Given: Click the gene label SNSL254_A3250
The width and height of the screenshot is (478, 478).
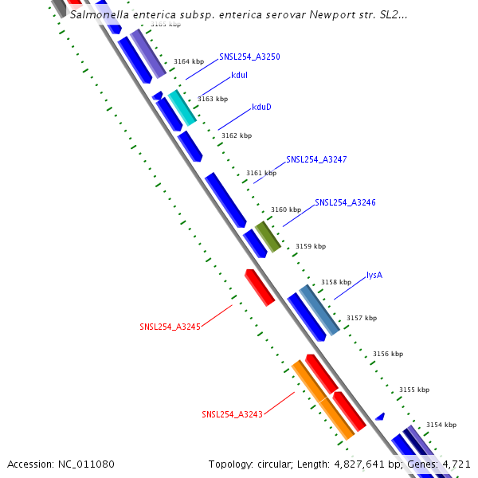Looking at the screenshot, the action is coord(249,57).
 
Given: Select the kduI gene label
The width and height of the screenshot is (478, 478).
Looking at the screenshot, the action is coord(239,75).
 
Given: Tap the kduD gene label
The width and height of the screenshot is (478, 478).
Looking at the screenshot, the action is coord(261,107).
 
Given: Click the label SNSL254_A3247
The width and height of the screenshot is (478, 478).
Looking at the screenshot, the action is coord(316,160).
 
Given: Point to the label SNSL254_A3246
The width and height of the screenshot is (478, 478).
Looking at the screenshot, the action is coord(345,202).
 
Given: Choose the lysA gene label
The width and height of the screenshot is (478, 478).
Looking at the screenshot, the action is coord(374,276).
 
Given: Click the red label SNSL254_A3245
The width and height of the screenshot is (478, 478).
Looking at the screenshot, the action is coord(170,327).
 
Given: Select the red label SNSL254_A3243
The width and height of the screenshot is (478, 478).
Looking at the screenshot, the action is coord(232,414).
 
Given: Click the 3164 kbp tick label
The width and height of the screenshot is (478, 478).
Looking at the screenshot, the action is coord(189,62).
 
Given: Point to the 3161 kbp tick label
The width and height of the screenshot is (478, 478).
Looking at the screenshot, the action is coord(261,173).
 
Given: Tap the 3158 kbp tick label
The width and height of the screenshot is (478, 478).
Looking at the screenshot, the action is coord(335,282).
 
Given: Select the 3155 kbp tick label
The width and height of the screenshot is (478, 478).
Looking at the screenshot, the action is coord(413,390).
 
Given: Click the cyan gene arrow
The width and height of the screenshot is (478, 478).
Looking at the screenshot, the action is coord(182,108).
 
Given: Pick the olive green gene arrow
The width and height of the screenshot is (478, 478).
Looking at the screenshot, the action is coord(268,237).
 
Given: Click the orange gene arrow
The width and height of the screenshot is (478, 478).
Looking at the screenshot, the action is coord(323,399).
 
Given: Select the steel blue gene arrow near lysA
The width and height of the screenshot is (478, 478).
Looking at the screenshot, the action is coord(319,309).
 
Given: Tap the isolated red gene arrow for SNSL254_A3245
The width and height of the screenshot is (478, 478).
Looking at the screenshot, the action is coord(260,288).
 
